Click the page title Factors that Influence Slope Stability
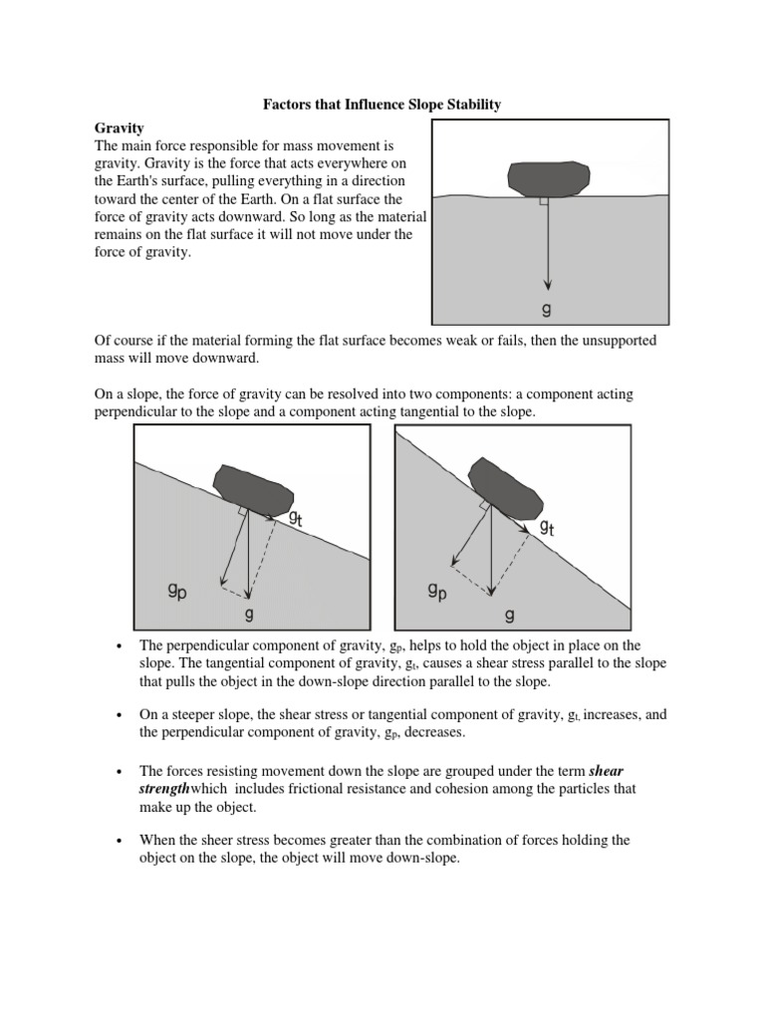[x=382, y=103]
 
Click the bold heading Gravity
[x=120, y=128]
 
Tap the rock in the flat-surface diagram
[x=547, y=177]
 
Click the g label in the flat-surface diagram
[x=546, y=310]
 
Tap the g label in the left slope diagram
[x=249, y=614]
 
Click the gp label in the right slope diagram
[x=436, y=592]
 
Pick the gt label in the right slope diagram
[x=548, y=528]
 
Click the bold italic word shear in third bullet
[x=606, y=770]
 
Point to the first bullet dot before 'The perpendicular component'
[x=120, y=646]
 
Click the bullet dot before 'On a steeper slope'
[x=120, y=715]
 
